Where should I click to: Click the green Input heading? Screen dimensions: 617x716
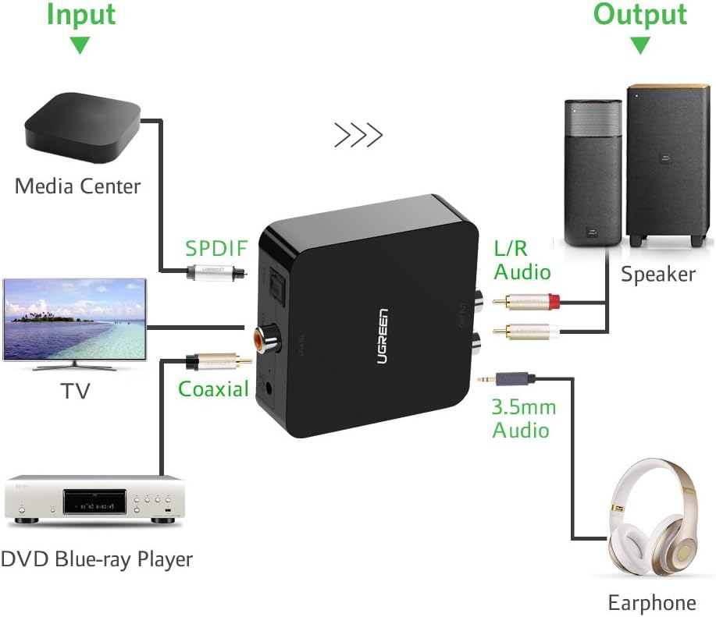tap(80, 16)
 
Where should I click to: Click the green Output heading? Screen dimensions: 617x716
tap(640, 16)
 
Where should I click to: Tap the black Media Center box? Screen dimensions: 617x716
tap(82, 128)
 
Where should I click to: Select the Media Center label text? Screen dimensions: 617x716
tap(78, 186)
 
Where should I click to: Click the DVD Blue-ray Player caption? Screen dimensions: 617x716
tap(96, 559)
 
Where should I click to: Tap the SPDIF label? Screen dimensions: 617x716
tap(216, 249)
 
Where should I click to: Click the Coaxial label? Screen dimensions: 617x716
tap(213, 388)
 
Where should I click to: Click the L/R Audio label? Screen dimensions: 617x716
tap(522, 261)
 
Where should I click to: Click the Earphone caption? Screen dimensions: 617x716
tap(652, 602)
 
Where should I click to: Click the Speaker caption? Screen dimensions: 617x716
tap(657, 274)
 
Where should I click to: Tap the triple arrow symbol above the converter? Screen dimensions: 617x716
tap(358, 135)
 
